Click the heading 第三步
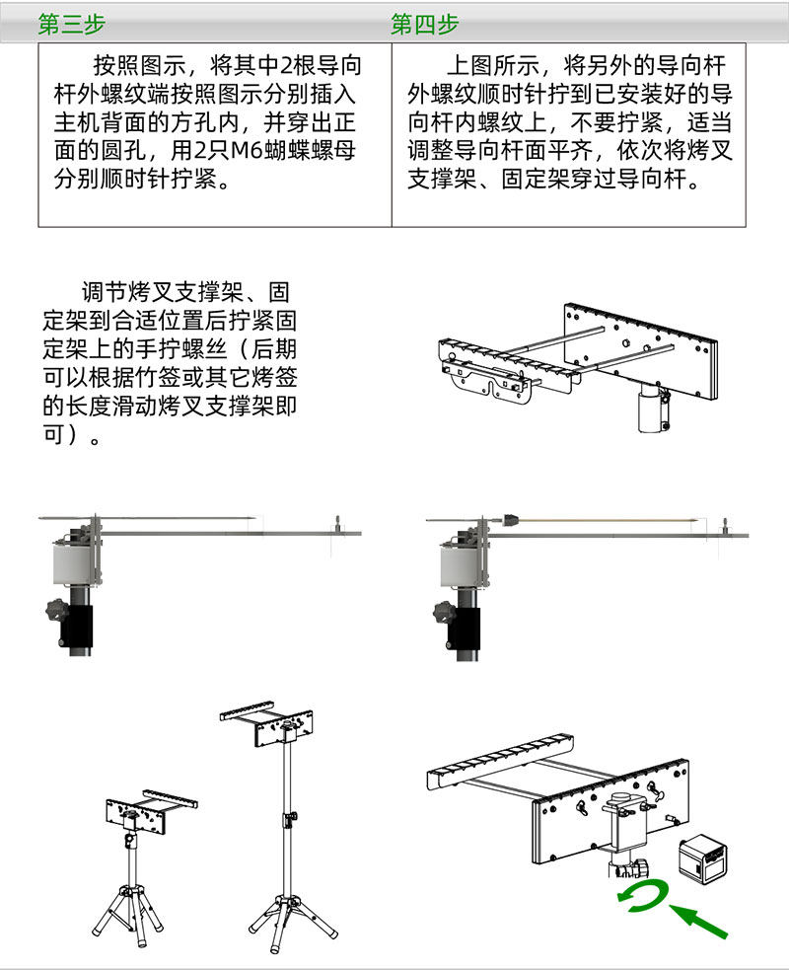(71, 25)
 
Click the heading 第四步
(424, 25)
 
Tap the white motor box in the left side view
(72, 569)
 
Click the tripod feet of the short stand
(128, 913)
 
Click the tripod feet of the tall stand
(292, 913)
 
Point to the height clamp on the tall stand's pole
(290, 818)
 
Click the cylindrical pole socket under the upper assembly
(649, 409)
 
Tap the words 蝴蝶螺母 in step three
(307, 152)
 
